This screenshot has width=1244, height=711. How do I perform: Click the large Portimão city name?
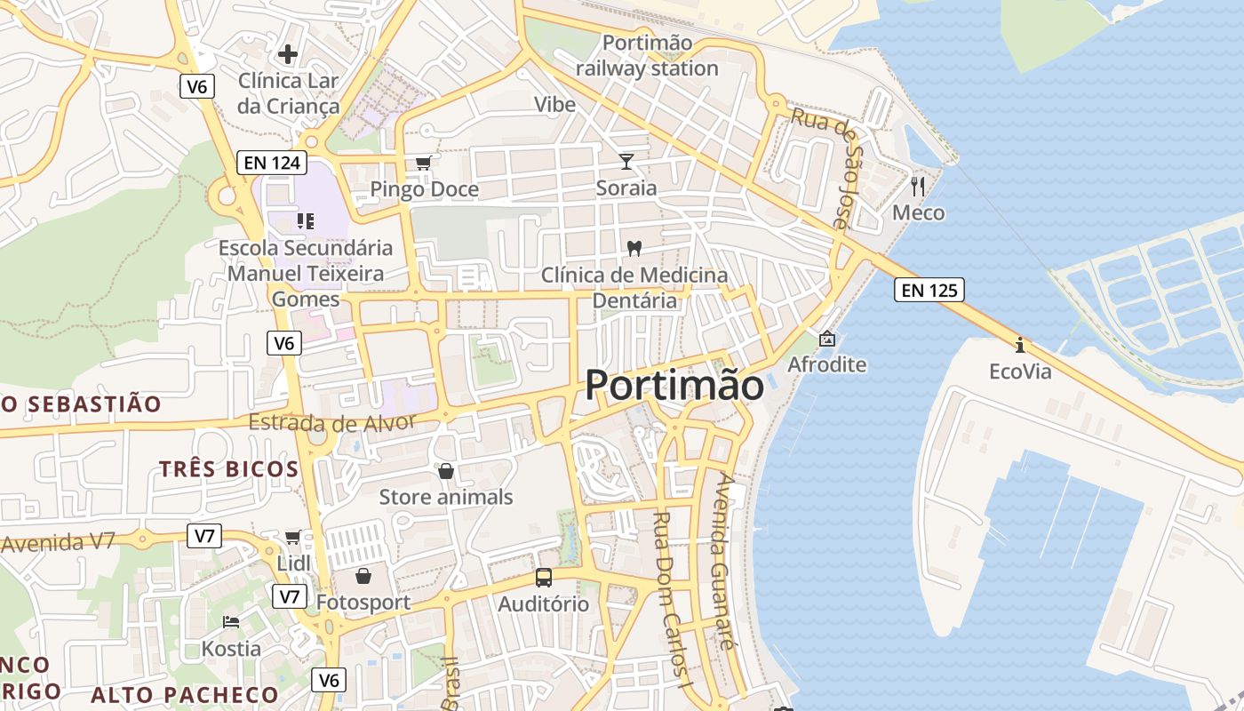pos(674,386)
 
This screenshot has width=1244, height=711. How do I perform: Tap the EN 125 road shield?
pos(929,290)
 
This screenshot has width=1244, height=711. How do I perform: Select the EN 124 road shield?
pos(272,163)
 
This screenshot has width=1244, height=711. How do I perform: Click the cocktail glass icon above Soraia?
pos(626,161)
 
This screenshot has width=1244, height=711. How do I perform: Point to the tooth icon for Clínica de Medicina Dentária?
pos(634,248)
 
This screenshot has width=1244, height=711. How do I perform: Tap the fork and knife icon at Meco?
pos(919,186)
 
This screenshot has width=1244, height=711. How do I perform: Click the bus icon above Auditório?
pos(543,578)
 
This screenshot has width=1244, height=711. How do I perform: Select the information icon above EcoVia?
pos(1020,345)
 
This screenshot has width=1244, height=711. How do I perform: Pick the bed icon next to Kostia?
pos(231,621)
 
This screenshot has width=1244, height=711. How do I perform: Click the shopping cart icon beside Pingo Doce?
pos(424,163)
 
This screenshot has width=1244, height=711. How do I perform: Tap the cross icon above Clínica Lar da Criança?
pos(288,54)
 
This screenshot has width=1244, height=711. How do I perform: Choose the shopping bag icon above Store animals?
pos(446,470)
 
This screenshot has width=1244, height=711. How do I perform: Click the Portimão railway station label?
pos(647,55)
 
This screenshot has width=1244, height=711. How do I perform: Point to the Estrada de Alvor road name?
pos(332,423)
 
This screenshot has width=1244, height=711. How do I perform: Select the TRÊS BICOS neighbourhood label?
pos(228,469)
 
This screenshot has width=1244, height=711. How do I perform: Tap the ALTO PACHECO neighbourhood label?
pos(185,695)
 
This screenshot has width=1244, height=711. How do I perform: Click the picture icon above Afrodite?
pos(827,339)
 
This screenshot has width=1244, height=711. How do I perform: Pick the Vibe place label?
pos(554,105)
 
